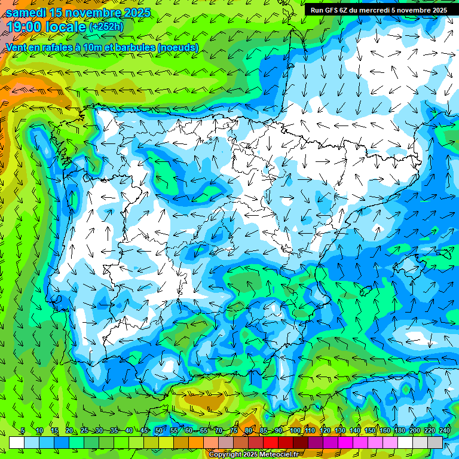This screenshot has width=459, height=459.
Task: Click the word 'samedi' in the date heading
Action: tap(26, 13)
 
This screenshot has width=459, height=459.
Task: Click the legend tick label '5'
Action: tap(23, 431)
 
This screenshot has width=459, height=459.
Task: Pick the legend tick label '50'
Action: tap(158, 431)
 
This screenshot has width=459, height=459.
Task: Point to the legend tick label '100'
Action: tap(295, 431)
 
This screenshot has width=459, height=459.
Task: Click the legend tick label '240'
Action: tap(444, 431)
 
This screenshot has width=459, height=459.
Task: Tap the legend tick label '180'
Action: tap(399, 431)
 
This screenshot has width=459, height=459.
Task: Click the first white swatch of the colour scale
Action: tap(17, 442)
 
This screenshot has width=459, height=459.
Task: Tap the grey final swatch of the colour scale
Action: tap(435, 442)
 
